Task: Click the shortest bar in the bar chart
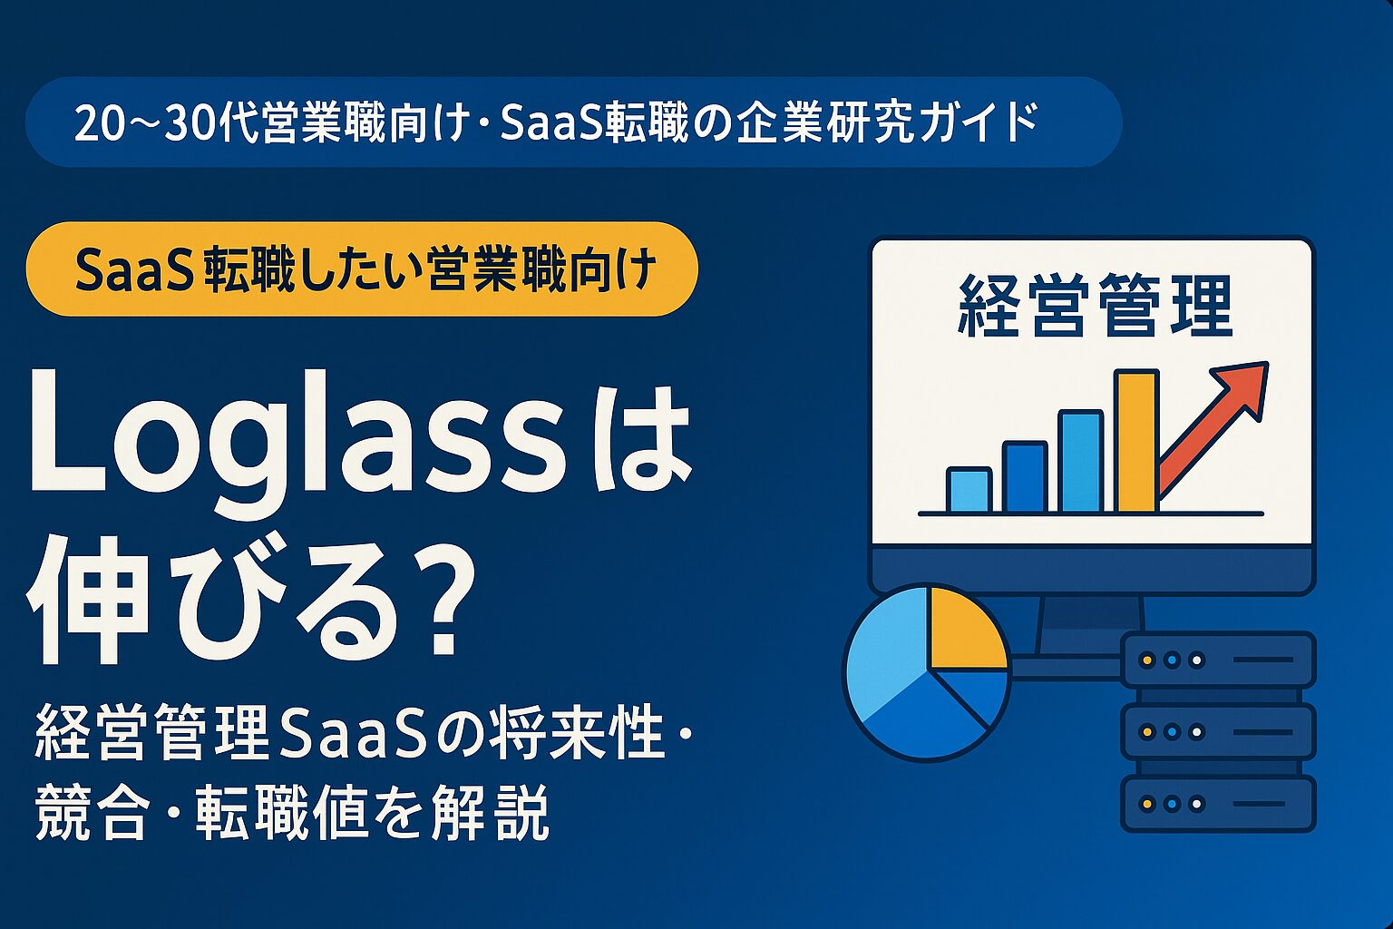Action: point(969,491)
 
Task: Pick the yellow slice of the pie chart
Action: point(964,628)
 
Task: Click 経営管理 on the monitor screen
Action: point(1095,308)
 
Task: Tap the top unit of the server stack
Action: point(1218,660)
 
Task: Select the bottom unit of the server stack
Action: point(1218,804)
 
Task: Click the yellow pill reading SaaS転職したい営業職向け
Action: point(362,269)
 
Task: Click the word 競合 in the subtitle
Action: point(91,811)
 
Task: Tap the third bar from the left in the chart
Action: point(1080,462)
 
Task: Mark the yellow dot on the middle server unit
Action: point(1147,732)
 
